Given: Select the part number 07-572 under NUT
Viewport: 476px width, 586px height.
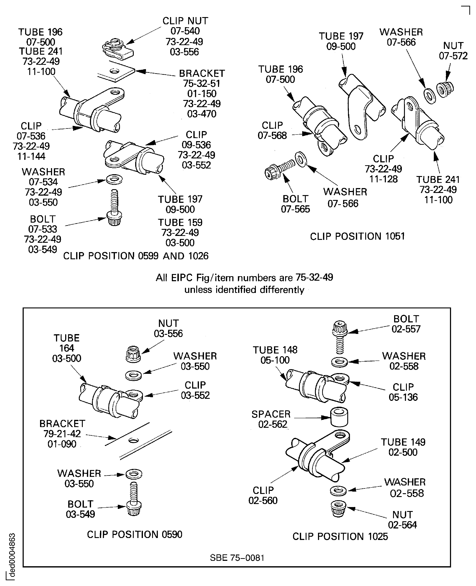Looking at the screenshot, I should coord(453,56).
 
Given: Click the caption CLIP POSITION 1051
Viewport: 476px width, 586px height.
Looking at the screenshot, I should coord(357,236).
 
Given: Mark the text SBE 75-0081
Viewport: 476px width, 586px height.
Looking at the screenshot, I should coord(237,558).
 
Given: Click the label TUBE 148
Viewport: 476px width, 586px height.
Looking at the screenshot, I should coord(275,350).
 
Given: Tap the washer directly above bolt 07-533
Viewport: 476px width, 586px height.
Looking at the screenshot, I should coord(114,180).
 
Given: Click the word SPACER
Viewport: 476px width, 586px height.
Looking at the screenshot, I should coord(271,414).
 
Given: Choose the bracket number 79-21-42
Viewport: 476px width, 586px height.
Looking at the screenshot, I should coord(62,434).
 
